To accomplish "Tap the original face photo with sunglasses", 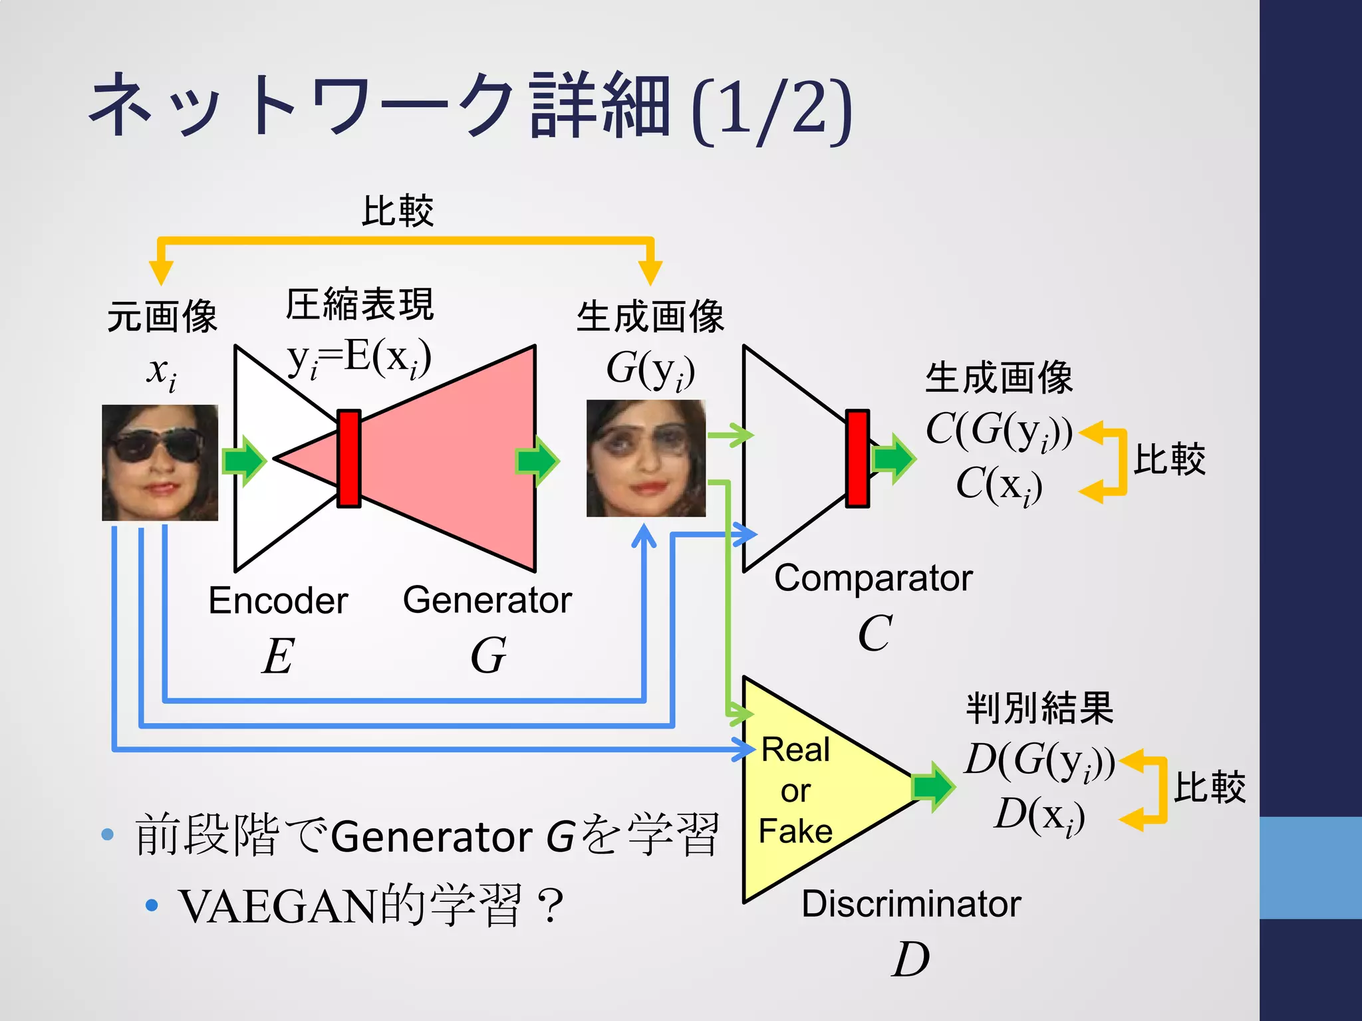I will pyautogui.click(x=160, y=463).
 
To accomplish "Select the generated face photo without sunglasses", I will pyautogui.click(x=646, y=459).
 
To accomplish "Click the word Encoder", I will pyautogui.click(x=278, y=601).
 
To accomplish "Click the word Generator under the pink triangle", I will pyautogui.click(x=487, y=600).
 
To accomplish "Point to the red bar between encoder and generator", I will pyautogui.click(x=349, y=459).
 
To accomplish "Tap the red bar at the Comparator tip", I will pyautogui.click(x=857, y=459).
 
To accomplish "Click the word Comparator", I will pyautogui.click(x=873, y=578).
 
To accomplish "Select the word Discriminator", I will pyautogui.click(x=911, y=904).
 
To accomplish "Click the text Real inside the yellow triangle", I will pyautogui.click(x=795, y=750).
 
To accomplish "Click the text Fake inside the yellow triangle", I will pyautogui.click(x=795, y=832).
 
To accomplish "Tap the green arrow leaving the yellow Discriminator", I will pyautogui.click(x=934, y=787).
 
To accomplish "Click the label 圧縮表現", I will pyautogui.click(x=360, y=305).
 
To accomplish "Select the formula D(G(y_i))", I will pyautogui.click(x=1039, y=761).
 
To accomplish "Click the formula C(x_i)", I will pyautogui.click(x=999, y=485).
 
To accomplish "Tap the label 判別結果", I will pyautogui.click(x=1039, y=708).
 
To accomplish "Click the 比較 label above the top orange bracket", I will pyautogui.click(x=398, y=211).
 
